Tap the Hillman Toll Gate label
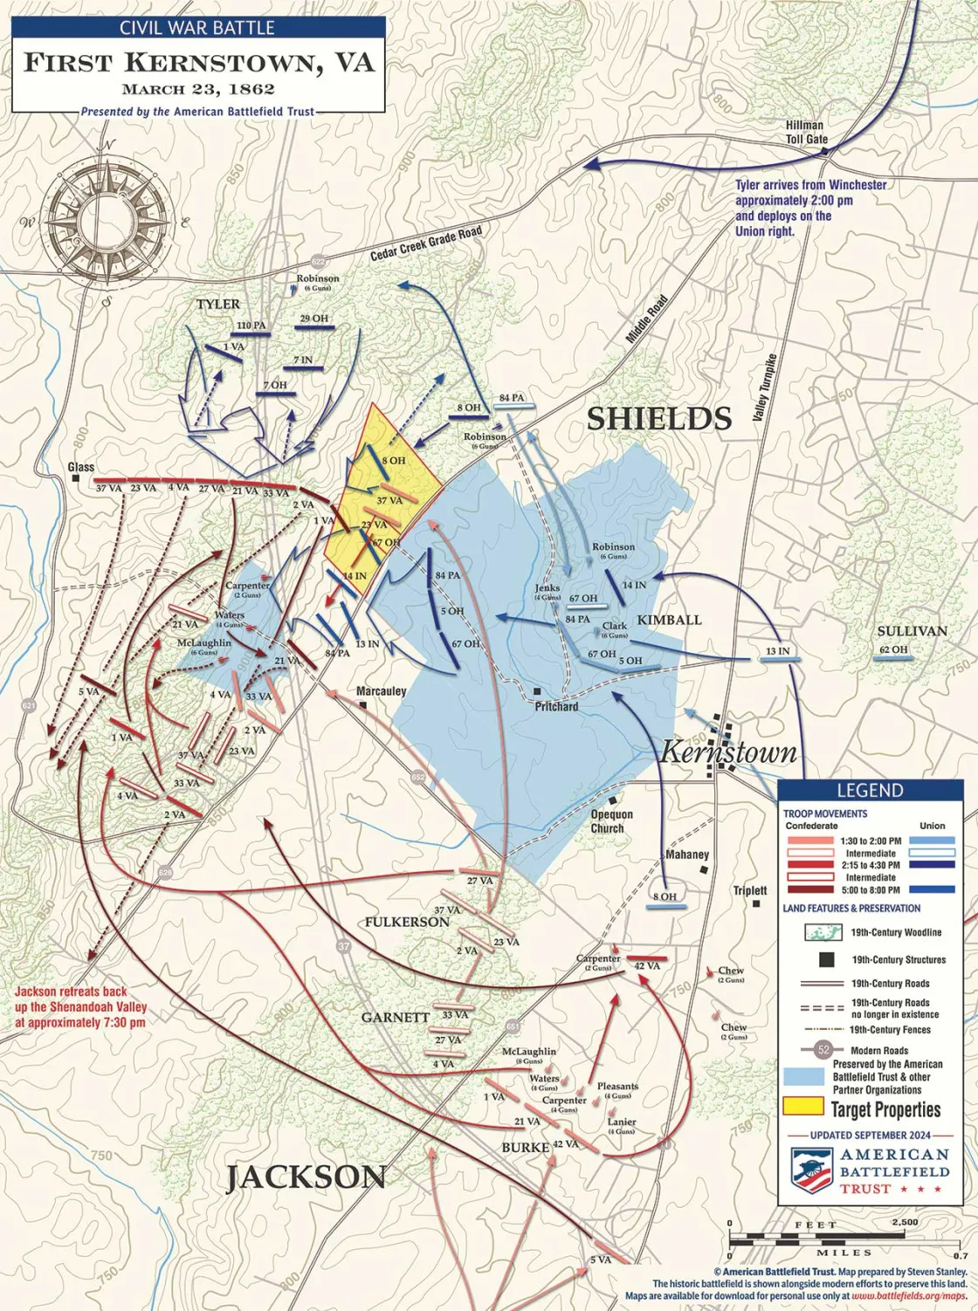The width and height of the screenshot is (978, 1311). [805, 133]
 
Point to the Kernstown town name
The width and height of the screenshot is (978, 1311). [728, 752]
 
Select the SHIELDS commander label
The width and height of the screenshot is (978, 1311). [658, 419]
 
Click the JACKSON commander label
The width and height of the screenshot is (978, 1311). [306, 1177]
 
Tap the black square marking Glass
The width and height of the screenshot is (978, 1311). [77, 479]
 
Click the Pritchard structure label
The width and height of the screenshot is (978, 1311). [556, 706]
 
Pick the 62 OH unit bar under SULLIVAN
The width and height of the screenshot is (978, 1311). [893, 660]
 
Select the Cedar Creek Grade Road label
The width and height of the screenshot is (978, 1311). [425, 244]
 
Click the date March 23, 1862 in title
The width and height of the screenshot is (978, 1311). [198, 89]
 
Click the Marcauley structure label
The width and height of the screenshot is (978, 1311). [382, 691]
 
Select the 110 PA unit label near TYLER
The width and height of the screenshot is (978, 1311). [251, 326]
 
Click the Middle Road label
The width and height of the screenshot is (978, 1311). [648, 318]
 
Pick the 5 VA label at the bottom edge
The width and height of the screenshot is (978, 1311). [601, 1260]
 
